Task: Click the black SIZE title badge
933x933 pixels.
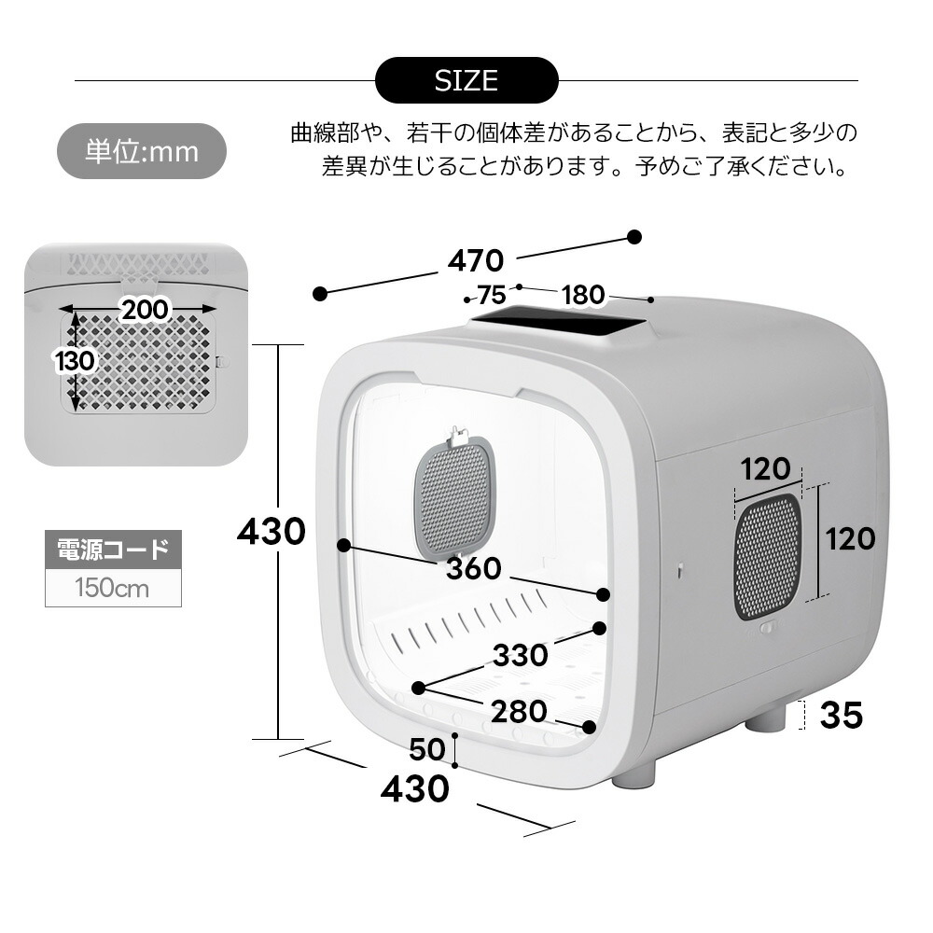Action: [466, 80]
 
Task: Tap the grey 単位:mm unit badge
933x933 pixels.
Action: [142, 151]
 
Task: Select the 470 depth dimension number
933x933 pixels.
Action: [476, 260]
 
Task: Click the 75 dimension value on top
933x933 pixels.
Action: [492, 295]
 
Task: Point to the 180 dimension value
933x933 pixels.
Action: [583, 295]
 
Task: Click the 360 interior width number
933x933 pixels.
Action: [474, 568]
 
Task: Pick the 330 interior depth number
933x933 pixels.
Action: [520, 655]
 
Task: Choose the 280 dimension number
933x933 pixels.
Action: [519, 711]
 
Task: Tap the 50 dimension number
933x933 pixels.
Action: [427, 749]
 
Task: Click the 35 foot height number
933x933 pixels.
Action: [842, 715]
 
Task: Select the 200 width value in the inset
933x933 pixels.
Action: [146, 310]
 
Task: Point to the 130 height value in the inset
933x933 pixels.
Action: [75, 360]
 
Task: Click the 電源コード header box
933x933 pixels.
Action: [113, 550]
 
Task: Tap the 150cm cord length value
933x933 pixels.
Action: [113, 588]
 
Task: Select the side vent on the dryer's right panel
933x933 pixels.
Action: [768, 557]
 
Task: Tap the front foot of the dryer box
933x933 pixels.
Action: [634, 773]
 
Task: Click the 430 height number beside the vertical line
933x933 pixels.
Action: [272, 531]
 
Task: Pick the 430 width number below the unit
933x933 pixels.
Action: [415, 788]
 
